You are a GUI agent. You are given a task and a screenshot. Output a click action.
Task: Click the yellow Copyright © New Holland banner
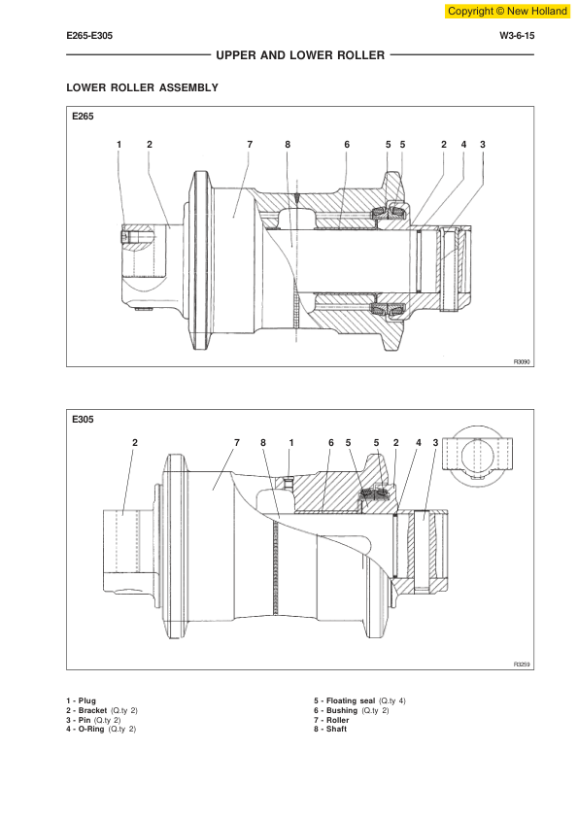coord(507,11)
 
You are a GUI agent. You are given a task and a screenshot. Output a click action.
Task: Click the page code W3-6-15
coord(517,36)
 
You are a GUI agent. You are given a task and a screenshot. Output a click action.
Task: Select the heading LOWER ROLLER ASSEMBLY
coord(143,87)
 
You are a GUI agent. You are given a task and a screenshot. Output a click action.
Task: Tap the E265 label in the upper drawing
coord(83,117)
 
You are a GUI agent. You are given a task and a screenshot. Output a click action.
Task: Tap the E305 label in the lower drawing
coord(83,419)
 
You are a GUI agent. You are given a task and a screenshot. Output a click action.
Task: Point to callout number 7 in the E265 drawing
coord(250,145)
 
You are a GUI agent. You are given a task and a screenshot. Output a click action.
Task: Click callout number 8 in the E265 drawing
coord(288,145)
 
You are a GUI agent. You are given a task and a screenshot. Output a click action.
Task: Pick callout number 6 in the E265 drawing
coord(347,145)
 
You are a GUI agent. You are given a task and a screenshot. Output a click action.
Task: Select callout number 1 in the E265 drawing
coord(119,145)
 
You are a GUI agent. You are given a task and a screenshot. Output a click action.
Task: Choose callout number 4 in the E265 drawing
coord(463,145)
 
